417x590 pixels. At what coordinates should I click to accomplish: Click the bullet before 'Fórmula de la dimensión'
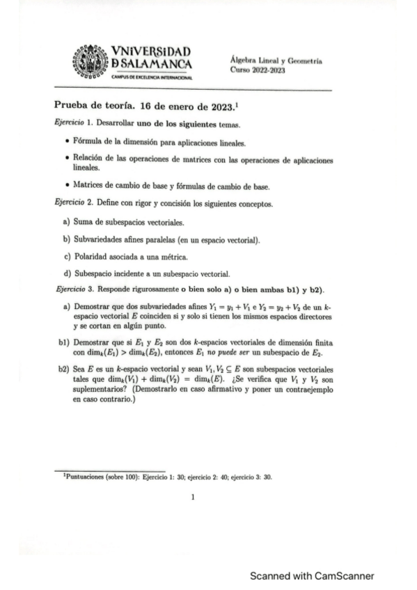coord(65,143)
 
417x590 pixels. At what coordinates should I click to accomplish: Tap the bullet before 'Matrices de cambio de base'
coord(65,187)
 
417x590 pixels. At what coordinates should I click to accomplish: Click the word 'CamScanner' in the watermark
coord(345,576)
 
